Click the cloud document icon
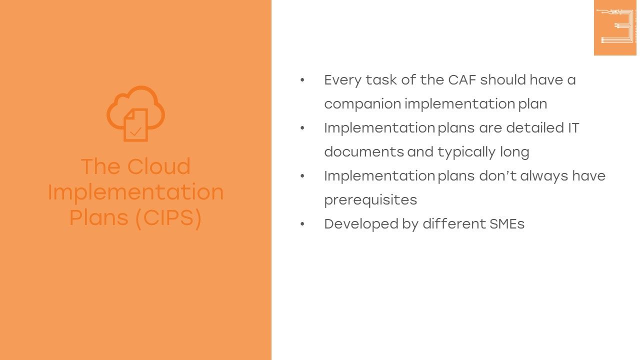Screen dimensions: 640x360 [135, 113]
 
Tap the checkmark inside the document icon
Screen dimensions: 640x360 [135, 131]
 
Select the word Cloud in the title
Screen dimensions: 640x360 [159, 166]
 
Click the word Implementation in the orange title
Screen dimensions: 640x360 [135, 192]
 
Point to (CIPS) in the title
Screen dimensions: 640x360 [168, 218]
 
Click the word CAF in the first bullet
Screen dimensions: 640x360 [462, 80]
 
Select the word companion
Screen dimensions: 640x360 [363, 104]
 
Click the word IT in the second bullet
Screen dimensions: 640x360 [573, 128]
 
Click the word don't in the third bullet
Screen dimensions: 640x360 [497, 175]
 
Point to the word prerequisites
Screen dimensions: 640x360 [370, 200]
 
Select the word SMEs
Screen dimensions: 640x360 [507, 224]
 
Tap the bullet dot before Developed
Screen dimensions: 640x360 [302, 224]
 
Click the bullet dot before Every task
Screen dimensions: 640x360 [302, 80]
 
